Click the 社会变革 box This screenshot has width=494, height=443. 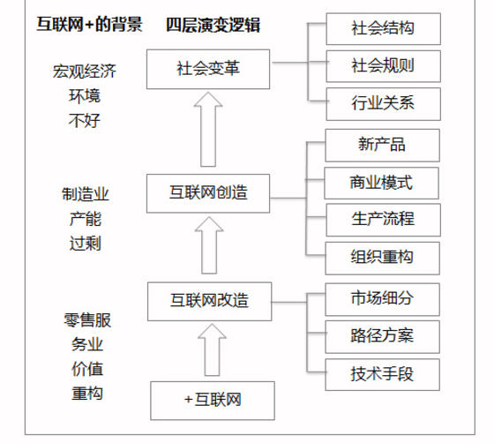point(208,66)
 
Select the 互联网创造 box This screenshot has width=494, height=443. point(208,191)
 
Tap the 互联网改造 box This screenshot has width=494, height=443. point(208,301)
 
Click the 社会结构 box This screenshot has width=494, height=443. point(382,29)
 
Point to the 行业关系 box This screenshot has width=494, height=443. point(382,103)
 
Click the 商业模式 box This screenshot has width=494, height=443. point(382,184)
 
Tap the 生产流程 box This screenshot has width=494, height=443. point(382,220)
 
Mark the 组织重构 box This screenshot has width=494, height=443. point(382,258)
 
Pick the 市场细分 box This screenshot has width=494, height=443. point(382,297)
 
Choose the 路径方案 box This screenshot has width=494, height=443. point(382,335)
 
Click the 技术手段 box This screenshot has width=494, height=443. point(382,374)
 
